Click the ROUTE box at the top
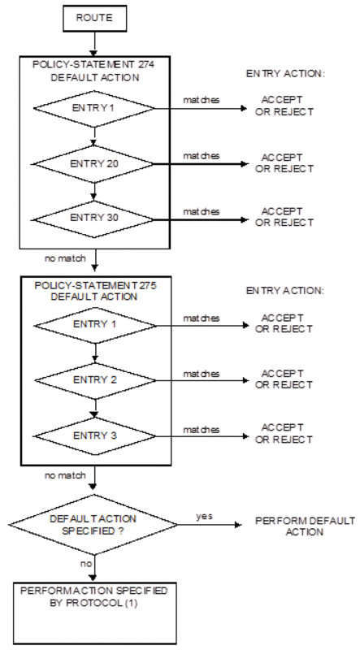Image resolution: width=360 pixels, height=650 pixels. tap(94, 18)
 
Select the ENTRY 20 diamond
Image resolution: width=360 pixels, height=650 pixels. tap(94, 164)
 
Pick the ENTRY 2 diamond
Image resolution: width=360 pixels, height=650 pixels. tap(95, 380)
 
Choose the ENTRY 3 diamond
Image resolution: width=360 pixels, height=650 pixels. tap(95, 436)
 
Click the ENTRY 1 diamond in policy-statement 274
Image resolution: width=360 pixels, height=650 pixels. tap(94, 109)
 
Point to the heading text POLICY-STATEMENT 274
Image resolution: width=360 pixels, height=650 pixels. tap(94, 66)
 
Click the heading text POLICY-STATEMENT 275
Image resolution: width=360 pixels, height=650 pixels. tap(95, 286)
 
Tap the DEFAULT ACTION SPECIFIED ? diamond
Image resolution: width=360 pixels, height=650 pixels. tap(93, 524)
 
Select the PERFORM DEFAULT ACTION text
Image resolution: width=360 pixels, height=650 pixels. tap(305, 526)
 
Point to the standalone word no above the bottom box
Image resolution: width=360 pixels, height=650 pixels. tap(86, 564)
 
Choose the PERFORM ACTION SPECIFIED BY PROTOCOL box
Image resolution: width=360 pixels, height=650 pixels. tap(94, 613)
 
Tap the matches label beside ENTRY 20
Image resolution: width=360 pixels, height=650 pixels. tap(202, 156)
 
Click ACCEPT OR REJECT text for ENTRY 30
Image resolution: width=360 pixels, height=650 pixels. tap(284, 217)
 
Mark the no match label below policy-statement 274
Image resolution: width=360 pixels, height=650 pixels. tap(65, 258)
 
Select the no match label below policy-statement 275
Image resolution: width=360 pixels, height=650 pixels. tap(65, 475)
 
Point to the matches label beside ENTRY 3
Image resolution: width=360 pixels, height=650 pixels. tap(202, 430)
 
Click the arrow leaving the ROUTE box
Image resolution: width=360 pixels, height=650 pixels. tap(94, 43)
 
